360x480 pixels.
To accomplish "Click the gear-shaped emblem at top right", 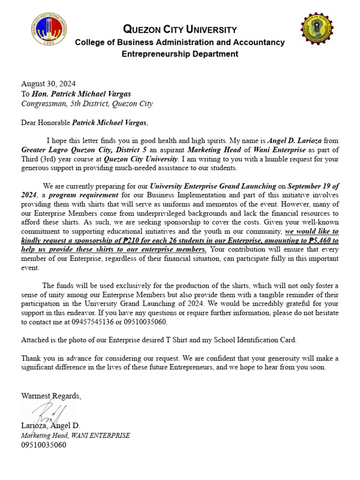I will [317, 30].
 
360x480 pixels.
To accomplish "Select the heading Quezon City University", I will [180, 30].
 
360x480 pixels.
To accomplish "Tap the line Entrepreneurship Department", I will [180, 54].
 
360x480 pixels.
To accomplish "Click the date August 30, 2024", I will [48, 84].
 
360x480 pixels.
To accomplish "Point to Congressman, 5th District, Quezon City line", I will [87, 103].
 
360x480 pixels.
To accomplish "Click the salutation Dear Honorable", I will [46, 123].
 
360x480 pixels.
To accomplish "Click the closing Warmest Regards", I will [51, 396].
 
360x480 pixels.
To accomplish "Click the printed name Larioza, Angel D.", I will [51, 426].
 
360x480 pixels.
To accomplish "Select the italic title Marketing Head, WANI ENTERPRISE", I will [75, 435].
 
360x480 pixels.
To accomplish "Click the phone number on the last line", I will [44, 445].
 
